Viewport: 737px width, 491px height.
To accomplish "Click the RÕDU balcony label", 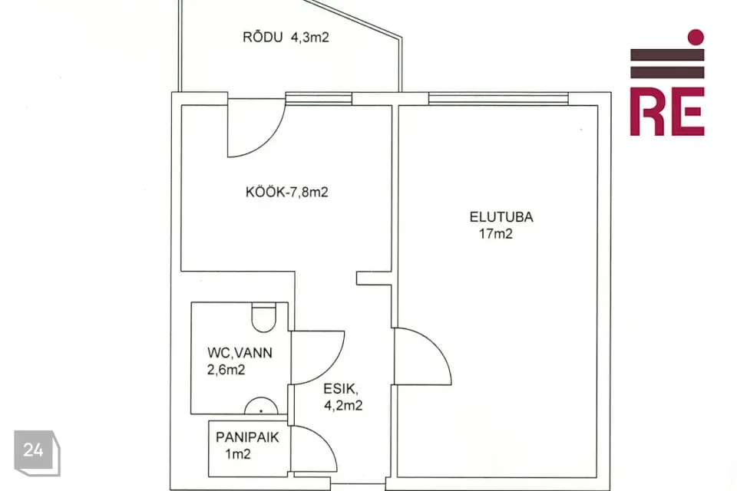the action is click(x=263, y=37).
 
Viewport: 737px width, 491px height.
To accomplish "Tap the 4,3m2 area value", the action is click(x=309, y=38).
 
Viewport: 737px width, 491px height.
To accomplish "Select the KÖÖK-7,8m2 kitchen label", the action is click(x=286, y=192).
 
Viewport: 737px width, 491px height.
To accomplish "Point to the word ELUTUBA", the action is click(x=501, y=217).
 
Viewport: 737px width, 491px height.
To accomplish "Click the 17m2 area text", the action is click(x=495, y=233).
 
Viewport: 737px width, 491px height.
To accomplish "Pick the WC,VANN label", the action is click(x=240, y=353).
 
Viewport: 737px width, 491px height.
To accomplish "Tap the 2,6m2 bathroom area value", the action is click(x=226, y=370).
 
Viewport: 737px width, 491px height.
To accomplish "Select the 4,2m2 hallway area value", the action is click(x=343, y=405).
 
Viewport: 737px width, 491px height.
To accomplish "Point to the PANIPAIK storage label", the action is click(x=247, y=437).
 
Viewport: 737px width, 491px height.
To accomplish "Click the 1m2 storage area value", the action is click(x=238, y=454).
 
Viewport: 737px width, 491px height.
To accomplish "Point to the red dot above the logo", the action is click(x=696, y=37).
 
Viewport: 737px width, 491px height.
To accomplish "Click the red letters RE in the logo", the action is click(x=667, y=112).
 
